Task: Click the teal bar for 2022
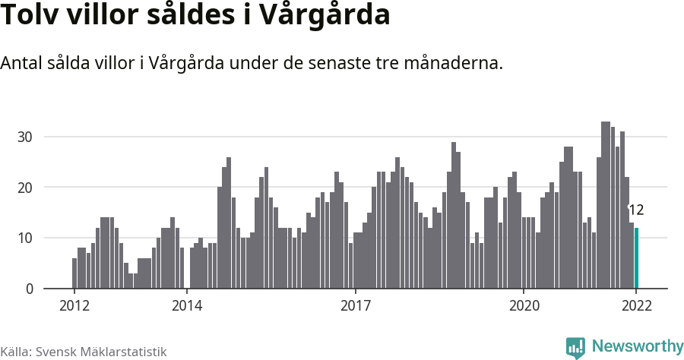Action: pos(637,258)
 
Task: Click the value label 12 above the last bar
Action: pos(636,210)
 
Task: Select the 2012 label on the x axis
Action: pos(74,306)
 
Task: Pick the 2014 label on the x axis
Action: pos(186,306)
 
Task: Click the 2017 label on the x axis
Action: pos(355,306)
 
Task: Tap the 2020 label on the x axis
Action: pos(524,306)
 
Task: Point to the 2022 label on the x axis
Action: pos(636,306)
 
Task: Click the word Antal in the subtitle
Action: pos(22,64)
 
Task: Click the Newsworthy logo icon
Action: pos(575,347)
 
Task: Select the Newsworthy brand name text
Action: pos(637,346)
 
